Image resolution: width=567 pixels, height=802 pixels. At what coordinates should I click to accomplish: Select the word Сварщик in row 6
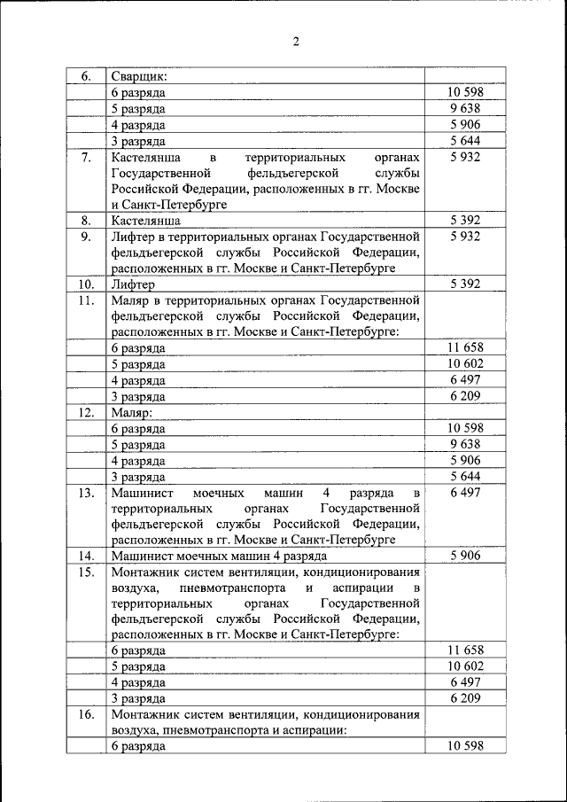pos(140,76)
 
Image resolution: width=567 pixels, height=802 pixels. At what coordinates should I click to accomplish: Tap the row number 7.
pos(86,157)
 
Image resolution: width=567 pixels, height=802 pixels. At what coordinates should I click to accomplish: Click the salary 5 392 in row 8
pos(464,221)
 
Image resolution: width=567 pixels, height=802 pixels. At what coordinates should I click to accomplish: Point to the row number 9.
pos(86,237)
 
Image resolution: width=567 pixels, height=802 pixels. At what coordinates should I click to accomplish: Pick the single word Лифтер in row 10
pos(133,284)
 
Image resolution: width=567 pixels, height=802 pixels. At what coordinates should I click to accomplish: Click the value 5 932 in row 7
pos(464,157)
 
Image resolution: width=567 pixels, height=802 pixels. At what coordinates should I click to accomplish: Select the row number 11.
pos(86,300)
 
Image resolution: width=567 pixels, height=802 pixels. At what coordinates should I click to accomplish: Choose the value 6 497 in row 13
pos(464,492)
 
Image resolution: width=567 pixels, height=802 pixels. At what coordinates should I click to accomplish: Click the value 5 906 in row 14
pos(464,556)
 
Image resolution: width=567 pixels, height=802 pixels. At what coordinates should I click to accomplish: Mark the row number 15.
pos(86,572)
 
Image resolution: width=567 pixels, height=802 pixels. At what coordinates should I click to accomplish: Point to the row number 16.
pos(86,714)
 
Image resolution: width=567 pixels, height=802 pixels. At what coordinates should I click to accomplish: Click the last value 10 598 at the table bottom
pos(464,746)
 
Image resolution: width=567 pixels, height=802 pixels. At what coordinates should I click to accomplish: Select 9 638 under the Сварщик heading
pos(464,109)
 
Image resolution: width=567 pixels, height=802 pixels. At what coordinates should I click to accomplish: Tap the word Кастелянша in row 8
pos(146,221)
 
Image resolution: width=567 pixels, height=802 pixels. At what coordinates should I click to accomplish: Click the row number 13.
pos(86,492)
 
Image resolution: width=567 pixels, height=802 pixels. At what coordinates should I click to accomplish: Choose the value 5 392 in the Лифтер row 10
pos(464,284)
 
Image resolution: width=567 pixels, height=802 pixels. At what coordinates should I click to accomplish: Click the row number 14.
pos(86,556)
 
